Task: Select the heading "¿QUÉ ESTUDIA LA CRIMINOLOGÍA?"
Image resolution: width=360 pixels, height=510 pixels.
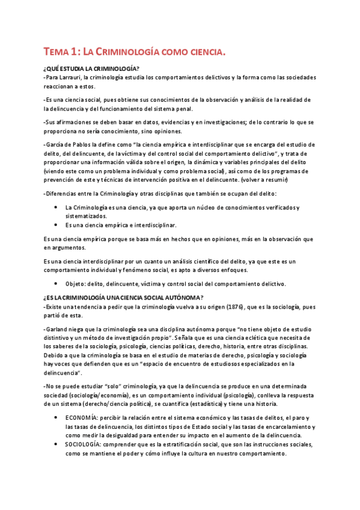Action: [91, 68]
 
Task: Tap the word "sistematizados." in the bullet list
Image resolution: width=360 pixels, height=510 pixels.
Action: [87, 215]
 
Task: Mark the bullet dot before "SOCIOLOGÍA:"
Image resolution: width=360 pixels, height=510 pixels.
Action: [56, 444]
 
